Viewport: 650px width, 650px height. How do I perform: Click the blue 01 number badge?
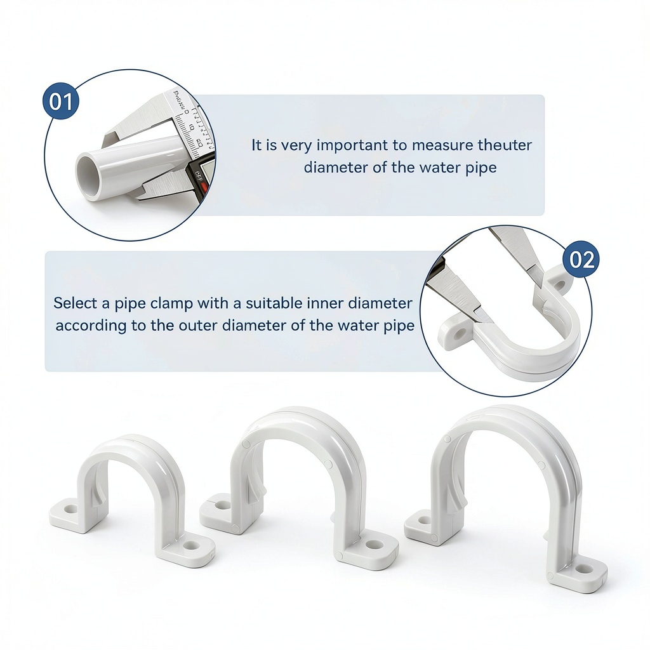(x=61, y=102)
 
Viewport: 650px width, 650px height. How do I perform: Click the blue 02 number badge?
(x=581, y=260)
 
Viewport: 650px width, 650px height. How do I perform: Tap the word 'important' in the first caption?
(x=355, y=145)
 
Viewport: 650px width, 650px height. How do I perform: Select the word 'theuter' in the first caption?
(x=505, y=145)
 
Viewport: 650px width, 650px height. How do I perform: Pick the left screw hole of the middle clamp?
(x=223, y=505)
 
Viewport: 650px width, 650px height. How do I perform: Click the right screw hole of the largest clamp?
(x=584, y=568)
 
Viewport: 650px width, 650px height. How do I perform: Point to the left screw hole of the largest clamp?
(x=424, y=519)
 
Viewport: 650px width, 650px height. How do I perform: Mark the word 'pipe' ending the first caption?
(x=482, y=168)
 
